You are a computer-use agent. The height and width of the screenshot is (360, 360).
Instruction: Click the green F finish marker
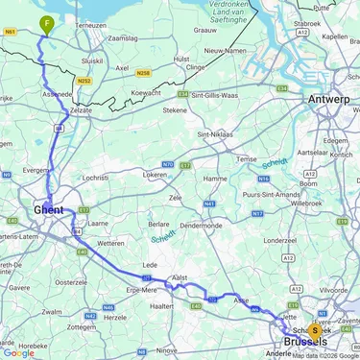[45, 24]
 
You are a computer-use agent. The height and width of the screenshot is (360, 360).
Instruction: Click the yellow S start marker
[314, 329]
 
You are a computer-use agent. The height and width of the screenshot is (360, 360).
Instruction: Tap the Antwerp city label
[329, 99]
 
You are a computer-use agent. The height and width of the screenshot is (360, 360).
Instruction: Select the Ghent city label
[48, 207]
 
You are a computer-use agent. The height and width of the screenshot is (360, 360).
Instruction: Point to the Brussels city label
[304, 342]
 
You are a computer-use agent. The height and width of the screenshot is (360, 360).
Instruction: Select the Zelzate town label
[80, 111]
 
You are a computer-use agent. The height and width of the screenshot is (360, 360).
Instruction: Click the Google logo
[18, 352]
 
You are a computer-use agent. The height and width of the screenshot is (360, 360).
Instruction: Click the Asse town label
[242, 300]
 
